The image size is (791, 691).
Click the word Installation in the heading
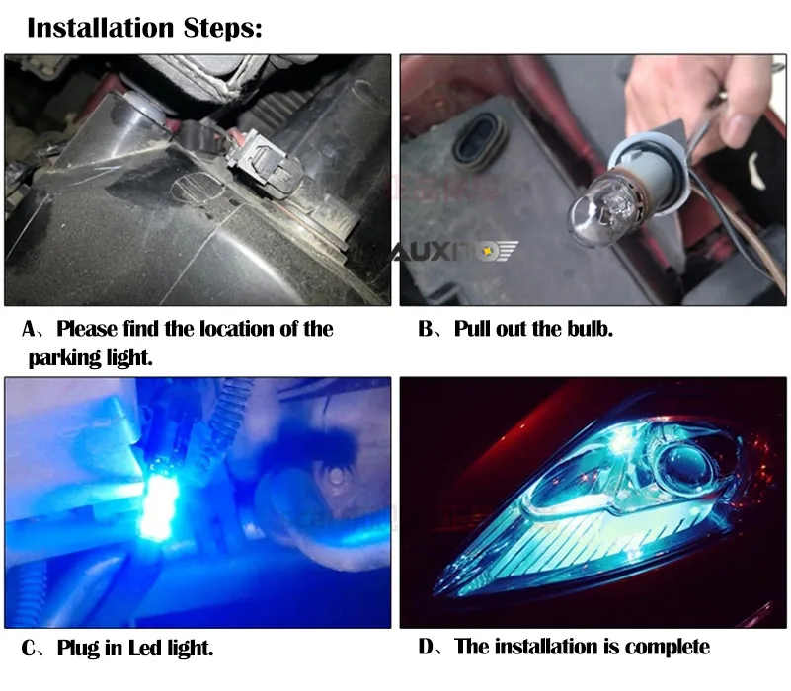(x=101, y=28)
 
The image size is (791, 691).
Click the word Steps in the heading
(x=222, y=28)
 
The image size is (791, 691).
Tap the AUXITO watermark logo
(x=454, y=251)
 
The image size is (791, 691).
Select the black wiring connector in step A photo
(x=263, y=163)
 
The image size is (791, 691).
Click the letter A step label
(x=30, y=329)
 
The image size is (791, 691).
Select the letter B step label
(x=426, y=329)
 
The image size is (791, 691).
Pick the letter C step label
(x=29, y=649)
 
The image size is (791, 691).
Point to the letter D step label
(x=426, y=647)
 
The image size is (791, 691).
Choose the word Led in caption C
(x=146, y=648)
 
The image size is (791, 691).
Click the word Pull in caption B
(x=472, y=329)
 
